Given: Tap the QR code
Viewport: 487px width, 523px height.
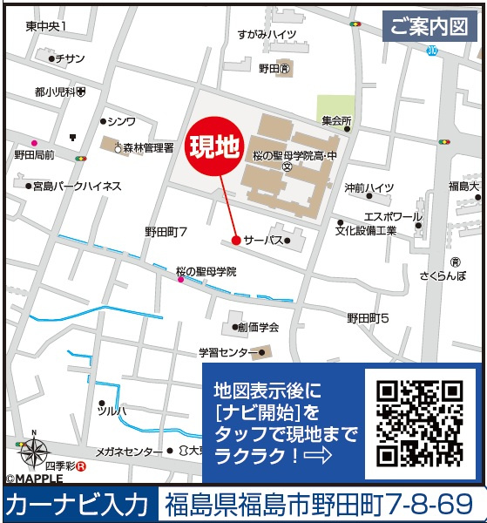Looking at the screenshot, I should [x=419, y=422].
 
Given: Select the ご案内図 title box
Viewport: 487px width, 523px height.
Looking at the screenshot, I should [x=429, y=27].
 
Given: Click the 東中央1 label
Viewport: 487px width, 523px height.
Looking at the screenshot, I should [x=46, y=28].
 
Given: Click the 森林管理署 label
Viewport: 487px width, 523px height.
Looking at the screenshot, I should [x=148, y=148].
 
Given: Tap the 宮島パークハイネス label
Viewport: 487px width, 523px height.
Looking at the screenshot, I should [x=77, y=186].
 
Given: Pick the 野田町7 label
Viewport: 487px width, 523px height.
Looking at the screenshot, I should [x=166, y=232].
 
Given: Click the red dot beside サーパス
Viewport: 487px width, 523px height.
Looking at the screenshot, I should [x=236, y=240].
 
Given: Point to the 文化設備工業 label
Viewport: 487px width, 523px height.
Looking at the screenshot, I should [x=366, y=231].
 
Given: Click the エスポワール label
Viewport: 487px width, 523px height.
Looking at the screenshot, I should [x=394, y=216].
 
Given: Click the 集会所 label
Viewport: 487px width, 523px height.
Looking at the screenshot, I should [x=335, y=120].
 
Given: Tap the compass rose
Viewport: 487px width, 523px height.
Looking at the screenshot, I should [x=32, y=452].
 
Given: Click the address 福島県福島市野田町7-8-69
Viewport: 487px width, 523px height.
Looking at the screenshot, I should [x=321, y=505].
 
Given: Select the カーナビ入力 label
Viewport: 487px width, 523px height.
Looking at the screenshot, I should [x=77, y=505].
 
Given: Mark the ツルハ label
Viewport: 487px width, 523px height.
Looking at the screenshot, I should [x=112, y=410].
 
